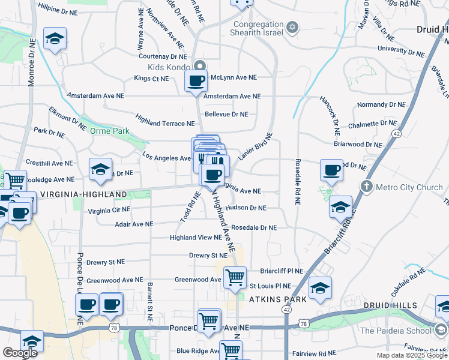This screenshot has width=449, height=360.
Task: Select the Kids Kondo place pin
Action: pyautogui.click(x=200, y=66)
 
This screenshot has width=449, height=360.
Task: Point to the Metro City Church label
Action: pyautogui.click(x=409, y=187)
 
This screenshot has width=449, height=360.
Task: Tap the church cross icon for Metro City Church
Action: pyautogui.click(x=367, y=187)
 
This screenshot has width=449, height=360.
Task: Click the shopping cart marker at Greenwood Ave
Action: pyautogui.click(x=235, y=277)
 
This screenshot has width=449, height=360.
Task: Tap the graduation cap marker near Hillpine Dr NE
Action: pyautogui.click(x=55, y=40)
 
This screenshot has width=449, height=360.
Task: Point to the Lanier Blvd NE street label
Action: pyautogui.click(x=255, y=146)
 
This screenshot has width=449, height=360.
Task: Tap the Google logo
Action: pyautogui.click(x=20, y=353)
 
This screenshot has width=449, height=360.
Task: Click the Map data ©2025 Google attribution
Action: pyautogui.click(x=412, y=355)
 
